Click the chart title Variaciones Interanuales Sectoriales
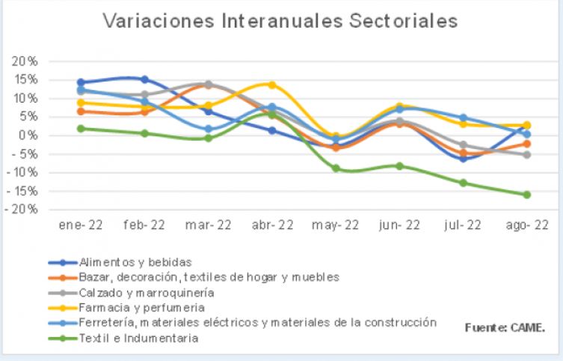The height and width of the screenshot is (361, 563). click(x=280, y=21)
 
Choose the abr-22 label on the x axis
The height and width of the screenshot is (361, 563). click(x=272, y=225)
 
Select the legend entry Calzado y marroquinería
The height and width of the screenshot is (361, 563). click(x=147, y=292)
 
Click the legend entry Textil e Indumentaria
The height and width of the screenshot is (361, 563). click(x=138, y=338)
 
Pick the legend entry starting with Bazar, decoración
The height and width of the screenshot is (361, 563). click(x=209, y=277)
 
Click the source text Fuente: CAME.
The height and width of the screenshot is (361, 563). click(x=505, y=327)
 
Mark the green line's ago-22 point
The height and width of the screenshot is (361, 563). click(x=526, y=195)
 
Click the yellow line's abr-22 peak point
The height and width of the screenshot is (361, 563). click(x=272, y=85)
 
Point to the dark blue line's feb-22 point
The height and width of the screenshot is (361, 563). click(x=144, y=79)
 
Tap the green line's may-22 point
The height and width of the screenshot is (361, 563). click(x=336, y=168)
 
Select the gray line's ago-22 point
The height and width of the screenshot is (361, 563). click(x=526, y=154)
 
